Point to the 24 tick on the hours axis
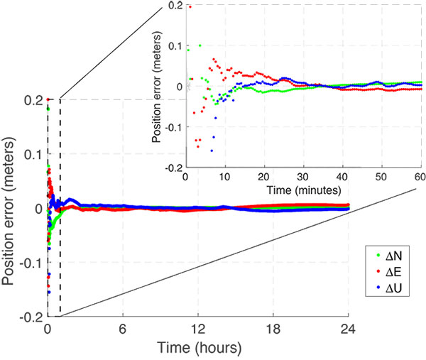click(349, 329)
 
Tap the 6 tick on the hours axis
click(123, 329)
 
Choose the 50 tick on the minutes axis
click(380, 177)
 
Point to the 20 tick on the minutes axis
click(264, 177)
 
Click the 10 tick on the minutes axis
click(225, 177)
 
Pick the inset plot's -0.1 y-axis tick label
click(173, 127)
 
